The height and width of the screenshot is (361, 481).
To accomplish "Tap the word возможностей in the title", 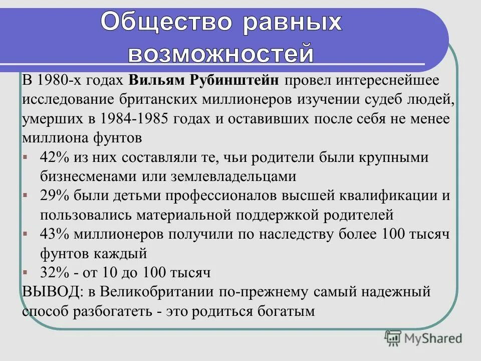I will tap(221, 53).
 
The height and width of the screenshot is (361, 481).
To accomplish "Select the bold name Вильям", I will tap(156, 81).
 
